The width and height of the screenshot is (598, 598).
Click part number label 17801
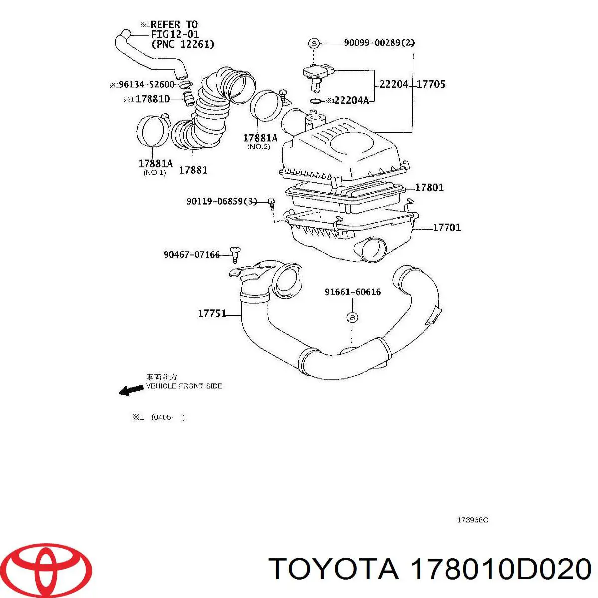click(x=429, y=188)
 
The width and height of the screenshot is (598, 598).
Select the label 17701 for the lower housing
click(x=447, y=228)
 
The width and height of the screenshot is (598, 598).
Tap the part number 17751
click(x=212, y=314)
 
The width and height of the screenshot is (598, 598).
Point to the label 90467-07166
click(x=192, y=255)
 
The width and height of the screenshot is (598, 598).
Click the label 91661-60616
click(x=353, y=292)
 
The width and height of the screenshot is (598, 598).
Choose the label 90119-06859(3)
click(x=222, y=202)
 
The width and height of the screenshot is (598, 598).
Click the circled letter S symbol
click(x=314, y=44)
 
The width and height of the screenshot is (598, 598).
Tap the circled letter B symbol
click(x=352, y=317)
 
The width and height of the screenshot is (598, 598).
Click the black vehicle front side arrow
click(x=131, y=390)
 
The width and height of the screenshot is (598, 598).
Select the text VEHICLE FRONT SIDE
click(x=184, y=386)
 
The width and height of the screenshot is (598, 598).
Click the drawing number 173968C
click(x=472, y=520)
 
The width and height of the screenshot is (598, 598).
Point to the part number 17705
click(x=431, y=84)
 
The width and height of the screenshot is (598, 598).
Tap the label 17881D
click(x=152, y=99)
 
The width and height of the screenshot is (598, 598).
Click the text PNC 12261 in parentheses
click(x=183, y=45)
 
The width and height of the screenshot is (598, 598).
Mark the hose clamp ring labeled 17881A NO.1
click(x=151, y=131)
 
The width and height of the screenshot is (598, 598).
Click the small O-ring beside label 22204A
click(x=315, y=101)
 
